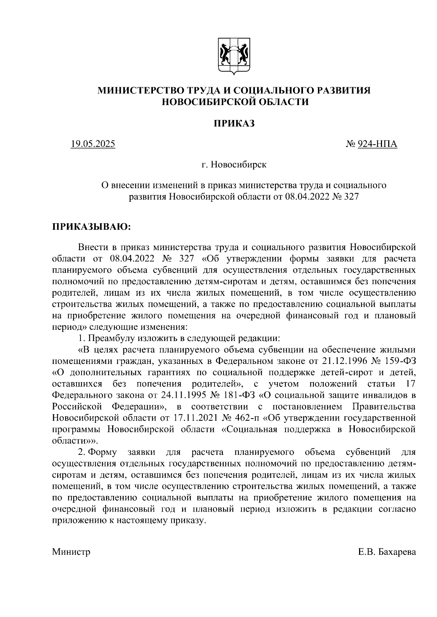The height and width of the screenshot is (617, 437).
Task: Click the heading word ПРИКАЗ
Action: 234,123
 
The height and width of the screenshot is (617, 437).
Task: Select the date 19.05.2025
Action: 93,144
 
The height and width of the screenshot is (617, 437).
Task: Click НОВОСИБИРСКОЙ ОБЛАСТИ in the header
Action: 235,102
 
